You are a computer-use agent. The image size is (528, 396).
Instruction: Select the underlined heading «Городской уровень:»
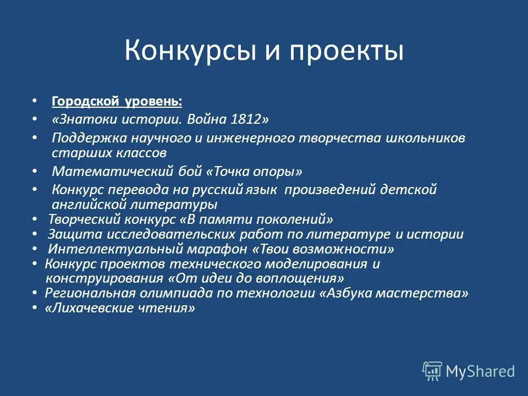[x=117, y=102]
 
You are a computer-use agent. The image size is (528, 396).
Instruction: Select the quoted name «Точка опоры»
[x=254, y=171]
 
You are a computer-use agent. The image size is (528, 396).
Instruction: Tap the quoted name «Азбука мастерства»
[x=394, y=293]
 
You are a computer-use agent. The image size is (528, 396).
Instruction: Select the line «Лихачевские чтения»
[x=120, y=308]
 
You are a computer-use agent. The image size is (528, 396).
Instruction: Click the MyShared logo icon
[x=432, y=371]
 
